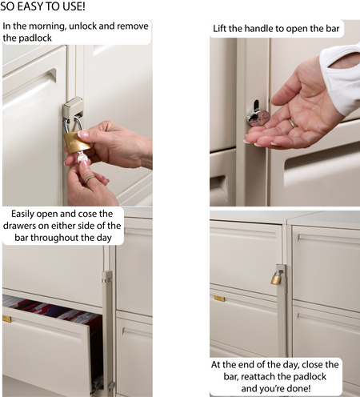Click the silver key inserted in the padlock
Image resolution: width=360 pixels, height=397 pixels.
point(82,157)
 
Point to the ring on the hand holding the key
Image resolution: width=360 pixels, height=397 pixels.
point(89,179)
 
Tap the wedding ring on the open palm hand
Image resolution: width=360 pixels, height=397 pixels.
point(293,123)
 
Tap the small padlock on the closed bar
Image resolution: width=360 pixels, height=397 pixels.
point(277,277)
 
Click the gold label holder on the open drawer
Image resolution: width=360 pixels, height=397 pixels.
point(6,319)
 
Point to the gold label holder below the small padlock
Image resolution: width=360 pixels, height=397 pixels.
point(219,299)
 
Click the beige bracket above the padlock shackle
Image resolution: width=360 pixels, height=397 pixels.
point(73,107)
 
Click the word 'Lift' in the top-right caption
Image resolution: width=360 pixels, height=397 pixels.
point(219,29)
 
